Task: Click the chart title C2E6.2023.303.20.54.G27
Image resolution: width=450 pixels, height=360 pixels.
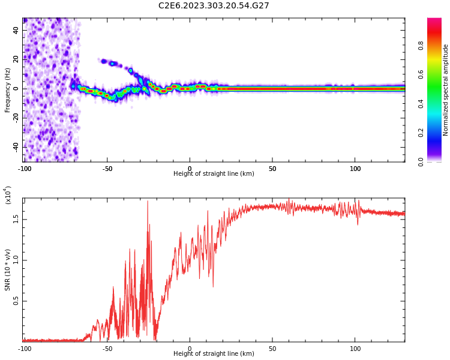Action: click(214, 6)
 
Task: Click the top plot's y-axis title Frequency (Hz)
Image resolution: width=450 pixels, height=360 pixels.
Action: click(8, 90)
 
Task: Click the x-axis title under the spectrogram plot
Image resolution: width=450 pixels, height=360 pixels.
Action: click(214, 174)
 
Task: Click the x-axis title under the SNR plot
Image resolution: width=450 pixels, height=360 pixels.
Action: click(214, 354)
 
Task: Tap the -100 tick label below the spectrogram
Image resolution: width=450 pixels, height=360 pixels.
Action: click(25, 169)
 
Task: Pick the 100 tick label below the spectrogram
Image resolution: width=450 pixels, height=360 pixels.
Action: click(355, 169)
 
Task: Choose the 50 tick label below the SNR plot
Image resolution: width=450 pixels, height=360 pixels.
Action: click(272, 348)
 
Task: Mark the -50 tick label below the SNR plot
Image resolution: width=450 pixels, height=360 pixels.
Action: click(107, 348)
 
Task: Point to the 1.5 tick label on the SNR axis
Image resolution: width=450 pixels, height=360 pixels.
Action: click(17, 219)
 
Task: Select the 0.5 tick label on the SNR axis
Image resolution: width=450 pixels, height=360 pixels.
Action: click(17, 301)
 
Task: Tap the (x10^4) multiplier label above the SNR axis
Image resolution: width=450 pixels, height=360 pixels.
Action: click(8, 195)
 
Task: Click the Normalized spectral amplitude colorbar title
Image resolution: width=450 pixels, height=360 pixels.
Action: click(446, 90)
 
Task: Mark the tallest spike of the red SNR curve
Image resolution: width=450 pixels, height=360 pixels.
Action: click(148, 202)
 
